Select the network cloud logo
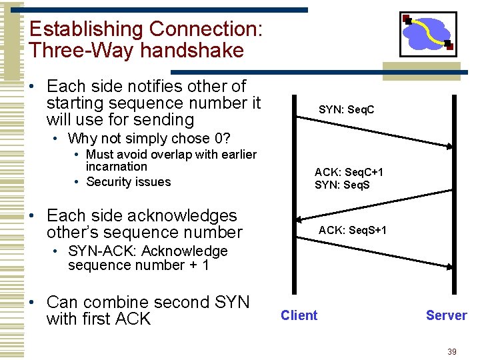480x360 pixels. coord(427,33)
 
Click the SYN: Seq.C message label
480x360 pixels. coord(346,109)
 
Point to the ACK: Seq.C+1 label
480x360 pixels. coord(349,172)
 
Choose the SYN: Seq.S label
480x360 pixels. coord(342,185)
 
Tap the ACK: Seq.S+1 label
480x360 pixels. coord(352,231)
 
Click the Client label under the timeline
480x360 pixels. coord(299,315)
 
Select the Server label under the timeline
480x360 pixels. coord(446,315)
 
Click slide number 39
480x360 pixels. coord(453,351)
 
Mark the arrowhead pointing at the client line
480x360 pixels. coord(299,219)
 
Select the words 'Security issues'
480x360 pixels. coord(128,182)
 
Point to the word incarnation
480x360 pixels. coord(116,167)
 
